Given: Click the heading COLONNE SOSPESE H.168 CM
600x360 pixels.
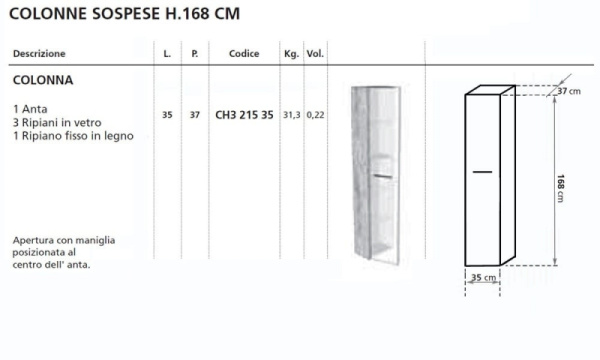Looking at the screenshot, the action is (x=124, y=14).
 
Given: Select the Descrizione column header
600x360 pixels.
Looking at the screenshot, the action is (x=39, y=54).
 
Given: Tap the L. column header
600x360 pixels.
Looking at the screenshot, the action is (x=167, y=54).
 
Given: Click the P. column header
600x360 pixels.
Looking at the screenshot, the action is (x=195, y=54).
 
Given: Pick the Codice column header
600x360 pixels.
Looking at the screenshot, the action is (x=244, y=54).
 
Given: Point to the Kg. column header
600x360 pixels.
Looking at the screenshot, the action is (x=292, y=54).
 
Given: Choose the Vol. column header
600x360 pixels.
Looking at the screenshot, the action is (x=315, y=54).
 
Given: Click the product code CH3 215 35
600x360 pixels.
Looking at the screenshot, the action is (x=245, y=115).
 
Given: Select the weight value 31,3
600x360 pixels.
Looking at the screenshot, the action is (x=292, y=115).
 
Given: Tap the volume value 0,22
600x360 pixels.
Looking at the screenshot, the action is (x=315, y=115).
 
